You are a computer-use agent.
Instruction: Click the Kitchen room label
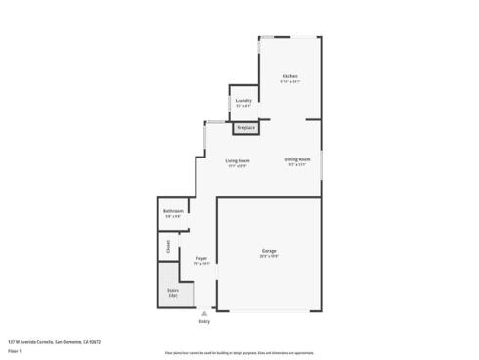[289, 76]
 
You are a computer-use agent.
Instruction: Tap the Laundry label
[244, 100]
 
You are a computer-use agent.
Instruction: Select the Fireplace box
[245, 128]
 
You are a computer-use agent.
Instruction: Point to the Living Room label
[238, 160]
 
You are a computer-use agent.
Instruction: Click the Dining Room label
[297, 159]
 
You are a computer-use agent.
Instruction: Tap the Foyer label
[201, 258]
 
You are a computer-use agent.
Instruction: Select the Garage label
[268, 251]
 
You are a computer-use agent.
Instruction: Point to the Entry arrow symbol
[204, 314]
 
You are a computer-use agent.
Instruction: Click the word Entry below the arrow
[204, 321]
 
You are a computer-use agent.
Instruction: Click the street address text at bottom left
[55, 341]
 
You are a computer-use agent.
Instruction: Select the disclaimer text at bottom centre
[239, 352]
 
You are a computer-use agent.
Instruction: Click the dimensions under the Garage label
[268, 257]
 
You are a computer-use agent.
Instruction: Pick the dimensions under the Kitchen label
[289, 82]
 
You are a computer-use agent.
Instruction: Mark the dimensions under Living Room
[238, 166]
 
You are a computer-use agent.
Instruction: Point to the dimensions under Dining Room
[297, 165]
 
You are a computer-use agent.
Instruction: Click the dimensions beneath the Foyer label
[201, 264]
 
